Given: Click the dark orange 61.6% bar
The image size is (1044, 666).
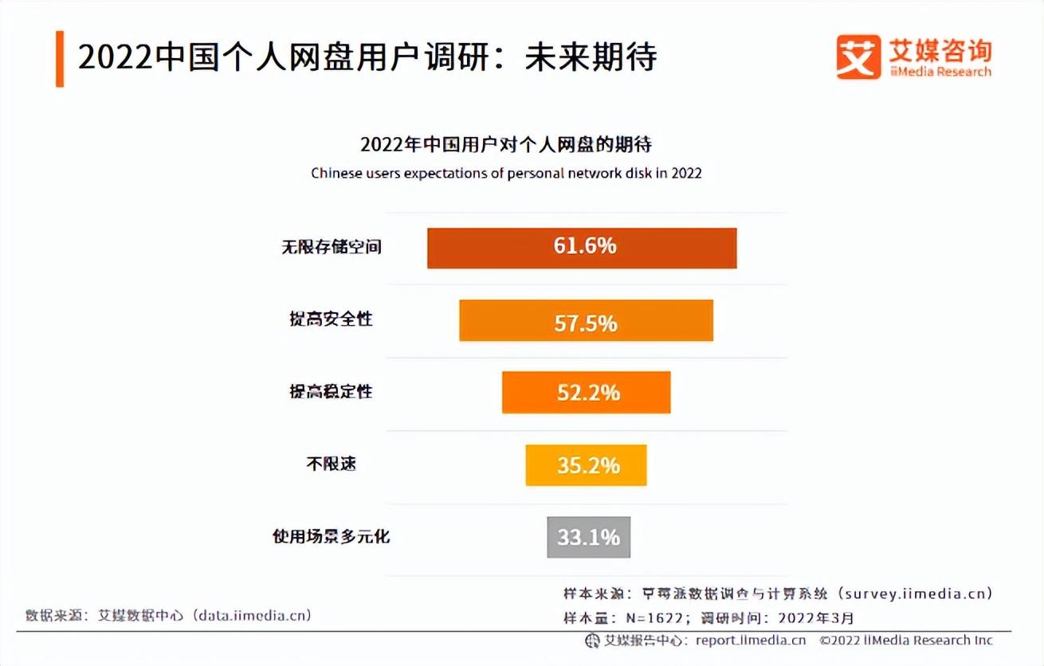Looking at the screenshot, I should tap(582, 248).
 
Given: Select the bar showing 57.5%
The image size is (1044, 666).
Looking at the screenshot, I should tap(586, 320).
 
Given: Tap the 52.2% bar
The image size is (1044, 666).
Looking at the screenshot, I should tap(586, 392).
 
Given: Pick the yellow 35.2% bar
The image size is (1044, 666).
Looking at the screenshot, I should tap(586, 465).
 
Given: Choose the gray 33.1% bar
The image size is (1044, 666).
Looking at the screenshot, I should tap(588, 537).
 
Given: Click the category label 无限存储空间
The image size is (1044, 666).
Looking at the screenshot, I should tap(331, 247).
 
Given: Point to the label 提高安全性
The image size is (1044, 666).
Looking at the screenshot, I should tap(331, 319).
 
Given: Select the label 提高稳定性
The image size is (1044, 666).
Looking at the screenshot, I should tap(331, 392).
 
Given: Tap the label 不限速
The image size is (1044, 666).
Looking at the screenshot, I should tap(331, 464).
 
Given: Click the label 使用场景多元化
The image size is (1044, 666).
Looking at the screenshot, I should tap(331, 536).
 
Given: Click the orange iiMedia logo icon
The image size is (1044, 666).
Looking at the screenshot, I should tap(858, 57).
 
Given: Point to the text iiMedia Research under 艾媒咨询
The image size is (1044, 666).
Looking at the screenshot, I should tap(940, 72).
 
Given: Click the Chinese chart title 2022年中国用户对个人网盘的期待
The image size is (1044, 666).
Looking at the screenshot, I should tap(506, 145).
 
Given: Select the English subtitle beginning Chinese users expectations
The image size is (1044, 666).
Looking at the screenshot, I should tap(506, 173).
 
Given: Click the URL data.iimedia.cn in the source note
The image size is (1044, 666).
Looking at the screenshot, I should tap(248, 615).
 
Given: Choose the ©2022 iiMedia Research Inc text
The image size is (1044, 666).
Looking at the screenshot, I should tap(906, 641).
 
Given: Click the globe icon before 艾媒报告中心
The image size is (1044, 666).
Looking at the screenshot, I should tap(592, 641).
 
